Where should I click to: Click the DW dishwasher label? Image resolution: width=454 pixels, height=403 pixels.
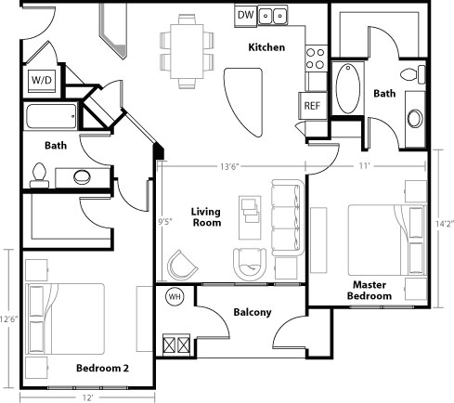click(246, 15)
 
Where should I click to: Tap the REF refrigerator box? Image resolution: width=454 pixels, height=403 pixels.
click(313, 106)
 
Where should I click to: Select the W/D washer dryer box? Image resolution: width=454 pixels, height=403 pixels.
click(42, 81)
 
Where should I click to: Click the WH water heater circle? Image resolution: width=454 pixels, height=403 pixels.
click(175, 297)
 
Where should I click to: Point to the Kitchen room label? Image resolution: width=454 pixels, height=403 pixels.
click(266, 47)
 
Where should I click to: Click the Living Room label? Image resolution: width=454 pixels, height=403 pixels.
click(206, 217)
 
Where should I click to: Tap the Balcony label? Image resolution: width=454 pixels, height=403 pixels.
click(253, 312)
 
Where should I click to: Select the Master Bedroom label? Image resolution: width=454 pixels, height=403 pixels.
click(370, 291)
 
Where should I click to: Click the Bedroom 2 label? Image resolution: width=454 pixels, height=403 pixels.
click(102, 368)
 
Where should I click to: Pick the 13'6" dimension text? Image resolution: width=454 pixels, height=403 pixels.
click(230, 167)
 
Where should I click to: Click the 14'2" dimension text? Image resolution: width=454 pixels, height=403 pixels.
click(445, 224)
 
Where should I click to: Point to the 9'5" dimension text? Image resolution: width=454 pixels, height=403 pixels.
click(165, 222)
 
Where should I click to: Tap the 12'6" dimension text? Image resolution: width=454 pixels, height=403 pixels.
click(9, 318)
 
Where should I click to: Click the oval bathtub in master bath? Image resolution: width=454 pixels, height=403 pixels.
click(348, 88)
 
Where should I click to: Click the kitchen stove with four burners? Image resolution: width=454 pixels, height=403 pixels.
click(316, 58)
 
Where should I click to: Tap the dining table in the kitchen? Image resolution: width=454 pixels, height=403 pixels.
click(187, 51)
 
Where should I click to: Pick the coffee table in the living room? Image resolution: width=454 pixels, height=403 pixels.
click(250, 217)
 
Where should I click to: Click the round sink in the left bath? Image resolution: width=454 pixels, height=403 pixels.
click(82, 176)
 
